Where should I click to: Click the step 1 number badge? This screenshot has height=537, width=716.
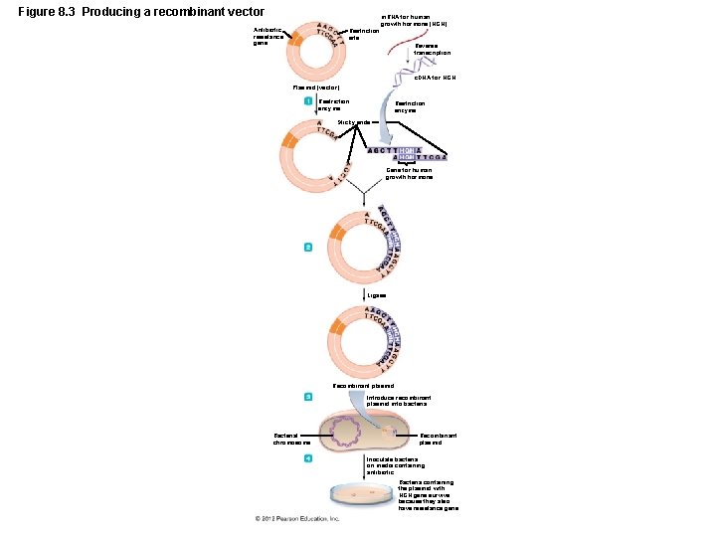click(x=308, y=101)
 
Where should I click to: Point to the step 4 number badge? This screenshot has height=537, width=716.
click(x=308, y=457)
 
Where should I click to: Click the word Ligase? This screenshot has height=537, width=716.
click(x=377, y=295)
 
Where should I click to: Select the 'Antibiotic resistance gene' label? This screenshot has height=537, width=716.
click(x=268, y=37)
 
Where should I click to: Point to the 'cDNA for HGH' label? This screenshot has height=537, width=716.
click(x=435, y=77)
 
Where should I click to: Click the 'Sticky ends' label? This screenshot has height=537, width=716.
click(x=354, y=122)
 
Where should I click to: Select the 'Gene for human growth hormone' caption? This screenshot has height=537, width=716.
click(x=409, y=173)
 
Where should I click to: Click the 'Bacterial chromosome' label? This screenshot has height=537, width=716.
click(x=292, y=439)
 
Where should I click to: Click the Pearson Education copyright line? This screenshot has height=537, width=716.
click(x=297, y=518)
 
